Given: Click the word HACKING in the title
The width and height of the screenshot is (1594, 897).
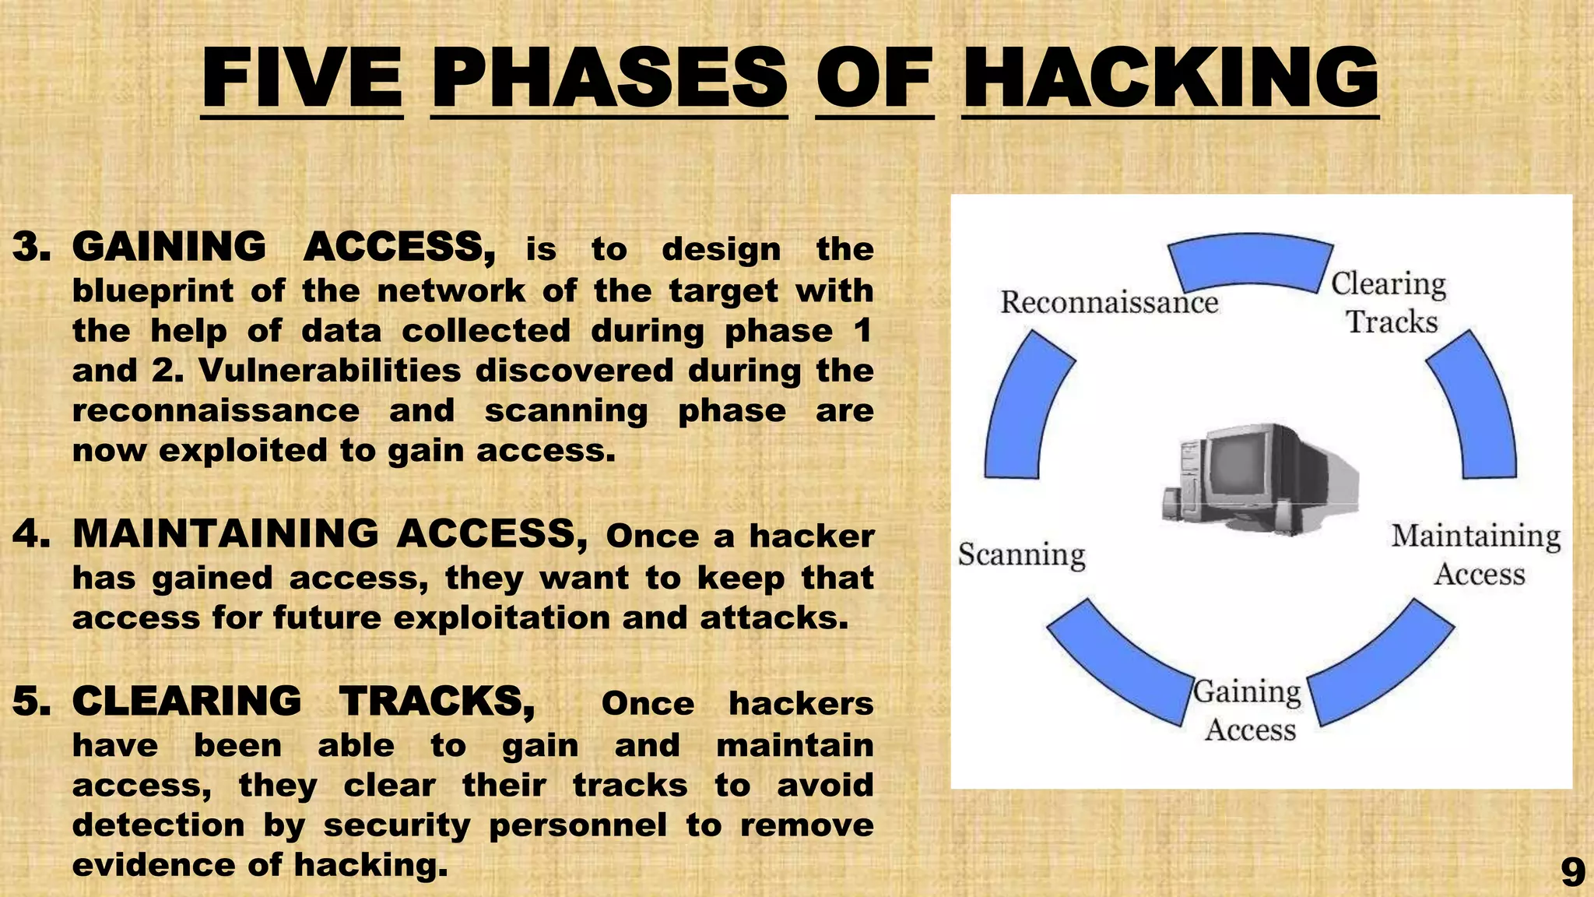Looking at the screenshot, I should point(1170,78).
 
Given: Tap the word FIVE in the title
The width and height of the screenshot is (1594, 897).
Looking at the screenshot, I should point(302,78).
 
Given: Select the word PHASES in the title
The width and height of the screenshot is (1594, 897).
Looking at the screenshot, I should point(609,78).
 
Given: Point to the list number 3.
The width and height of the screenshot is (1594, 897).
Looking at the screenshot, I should point(31,247).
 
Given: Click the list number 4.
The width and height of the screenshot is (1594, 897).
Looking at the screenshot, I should point(31,535).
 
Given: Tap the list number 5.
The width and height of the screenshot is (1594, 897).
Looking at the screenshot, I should point(31,702).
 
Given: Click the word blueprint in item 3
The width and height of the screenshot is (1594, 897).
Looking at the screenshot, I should point(153,291).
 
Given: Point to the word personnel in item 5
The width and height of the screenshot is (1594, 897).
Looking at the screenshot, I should point(578,825).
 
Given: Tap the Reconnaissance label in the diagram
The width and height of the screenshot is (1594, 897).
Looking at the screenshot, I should point(1108,302).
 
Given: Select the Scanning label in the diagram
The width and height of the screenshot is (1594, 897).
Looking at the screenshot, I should point(1021,554).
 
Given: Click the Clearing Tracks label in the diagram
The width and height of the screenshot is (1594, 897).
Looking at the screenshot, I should point(1389,303).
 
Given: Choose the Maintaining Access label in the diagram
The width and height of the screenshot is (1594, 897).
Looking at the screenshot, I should point(1476,554).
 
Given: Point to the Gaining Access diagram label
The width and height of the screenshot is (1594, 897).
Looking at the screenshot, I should point(1248,710).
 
